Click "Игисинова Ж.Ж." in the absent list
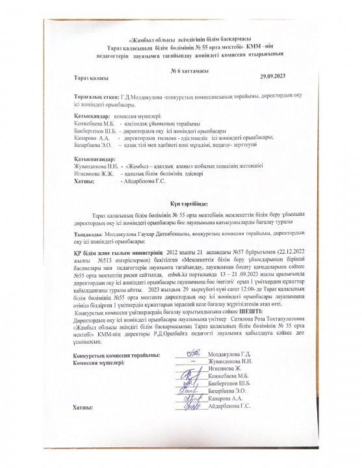[x=96, y=173]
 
